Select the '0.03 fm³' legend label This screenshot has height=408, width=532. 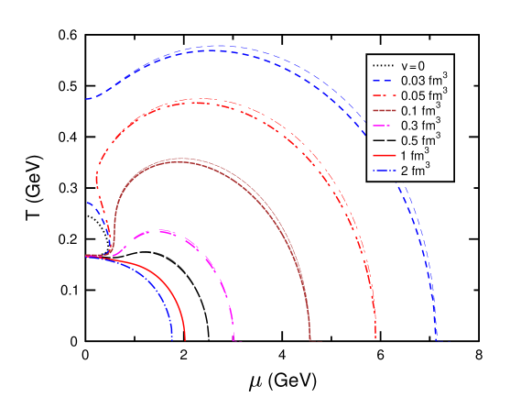423,80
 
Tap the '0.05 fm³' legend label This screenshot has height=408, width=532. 423,94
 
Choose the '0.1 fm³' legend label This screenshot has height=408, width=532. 420,110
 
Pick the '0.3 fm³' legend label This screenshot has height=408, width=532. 420,125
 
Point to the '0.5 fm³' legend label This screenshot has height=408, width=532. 420,140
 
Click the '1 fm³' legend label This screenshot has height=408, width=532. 416,155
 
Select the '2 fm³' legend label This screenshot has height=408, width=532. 416,170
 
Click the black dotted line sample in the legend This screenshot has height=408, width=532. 383,66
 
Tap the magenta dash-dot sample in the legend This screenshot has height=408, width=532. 383,126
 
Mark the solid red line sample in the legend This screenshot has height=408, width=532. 383,156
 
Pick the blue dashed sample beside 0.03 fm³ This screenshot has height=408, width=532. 383,81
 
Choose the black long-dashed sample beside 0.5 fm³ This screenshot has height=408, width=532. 383,140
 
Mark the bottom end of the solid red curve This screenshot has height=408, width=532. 185,341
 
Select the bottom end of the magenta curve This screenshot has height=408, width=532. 234,341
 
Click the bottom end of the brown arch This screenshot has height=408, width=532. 313,341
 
